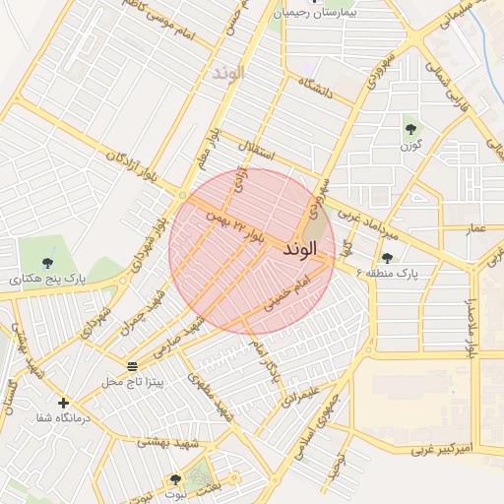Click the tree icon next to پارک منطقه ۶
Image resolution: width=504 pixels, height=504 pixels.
pos(386,258)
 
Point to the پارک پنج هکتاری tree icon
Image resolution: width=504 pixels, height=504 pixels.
pos(47,262)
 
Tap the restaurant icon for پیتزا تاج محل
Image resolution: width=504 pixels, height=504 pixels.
pos(132,366)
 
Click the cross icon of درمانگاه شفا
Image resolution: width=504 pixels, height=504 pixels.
pos(64,403)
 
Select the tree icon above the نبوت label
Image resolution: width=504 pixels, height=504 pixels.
pos(175,479)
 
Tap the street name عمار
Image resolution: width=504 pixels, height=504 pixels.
pos(476,228)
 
